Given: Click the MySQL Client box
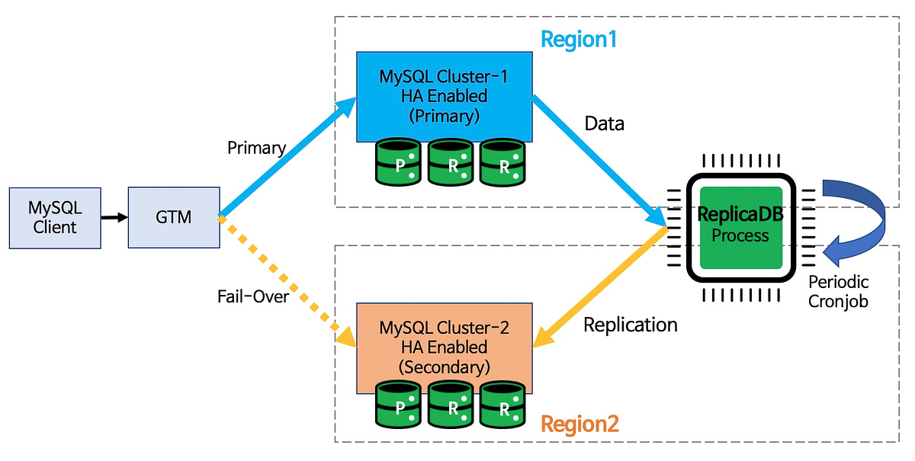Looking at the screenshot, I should [54, 217].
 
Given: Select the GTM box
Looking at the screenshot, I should [174, 217].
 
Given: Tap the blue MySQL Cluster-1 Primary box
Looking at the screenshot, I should [444, 96].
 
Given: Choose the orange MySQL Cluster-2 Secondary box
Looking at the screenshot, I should [444, 347].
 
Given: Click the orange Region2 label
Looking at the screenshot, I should [579, 424].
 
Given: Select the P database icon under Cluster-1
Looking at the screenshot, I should [398, 162].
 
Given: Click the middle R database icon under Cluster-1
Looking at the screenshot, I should [451, 162].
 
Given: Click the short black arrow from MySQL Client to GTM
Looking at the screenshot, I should [114, 218].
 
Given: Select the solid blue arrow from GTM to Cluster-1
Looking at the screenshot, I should [286, 160].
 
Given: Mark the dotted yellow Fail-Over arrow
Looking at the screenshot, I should [282, 278].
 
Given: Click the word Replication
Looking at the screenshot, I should [630, 325].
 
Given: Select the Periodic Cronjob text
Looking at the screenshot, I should [838, 291].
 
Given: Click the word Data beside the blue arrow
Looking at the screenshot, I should [604, 123].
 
